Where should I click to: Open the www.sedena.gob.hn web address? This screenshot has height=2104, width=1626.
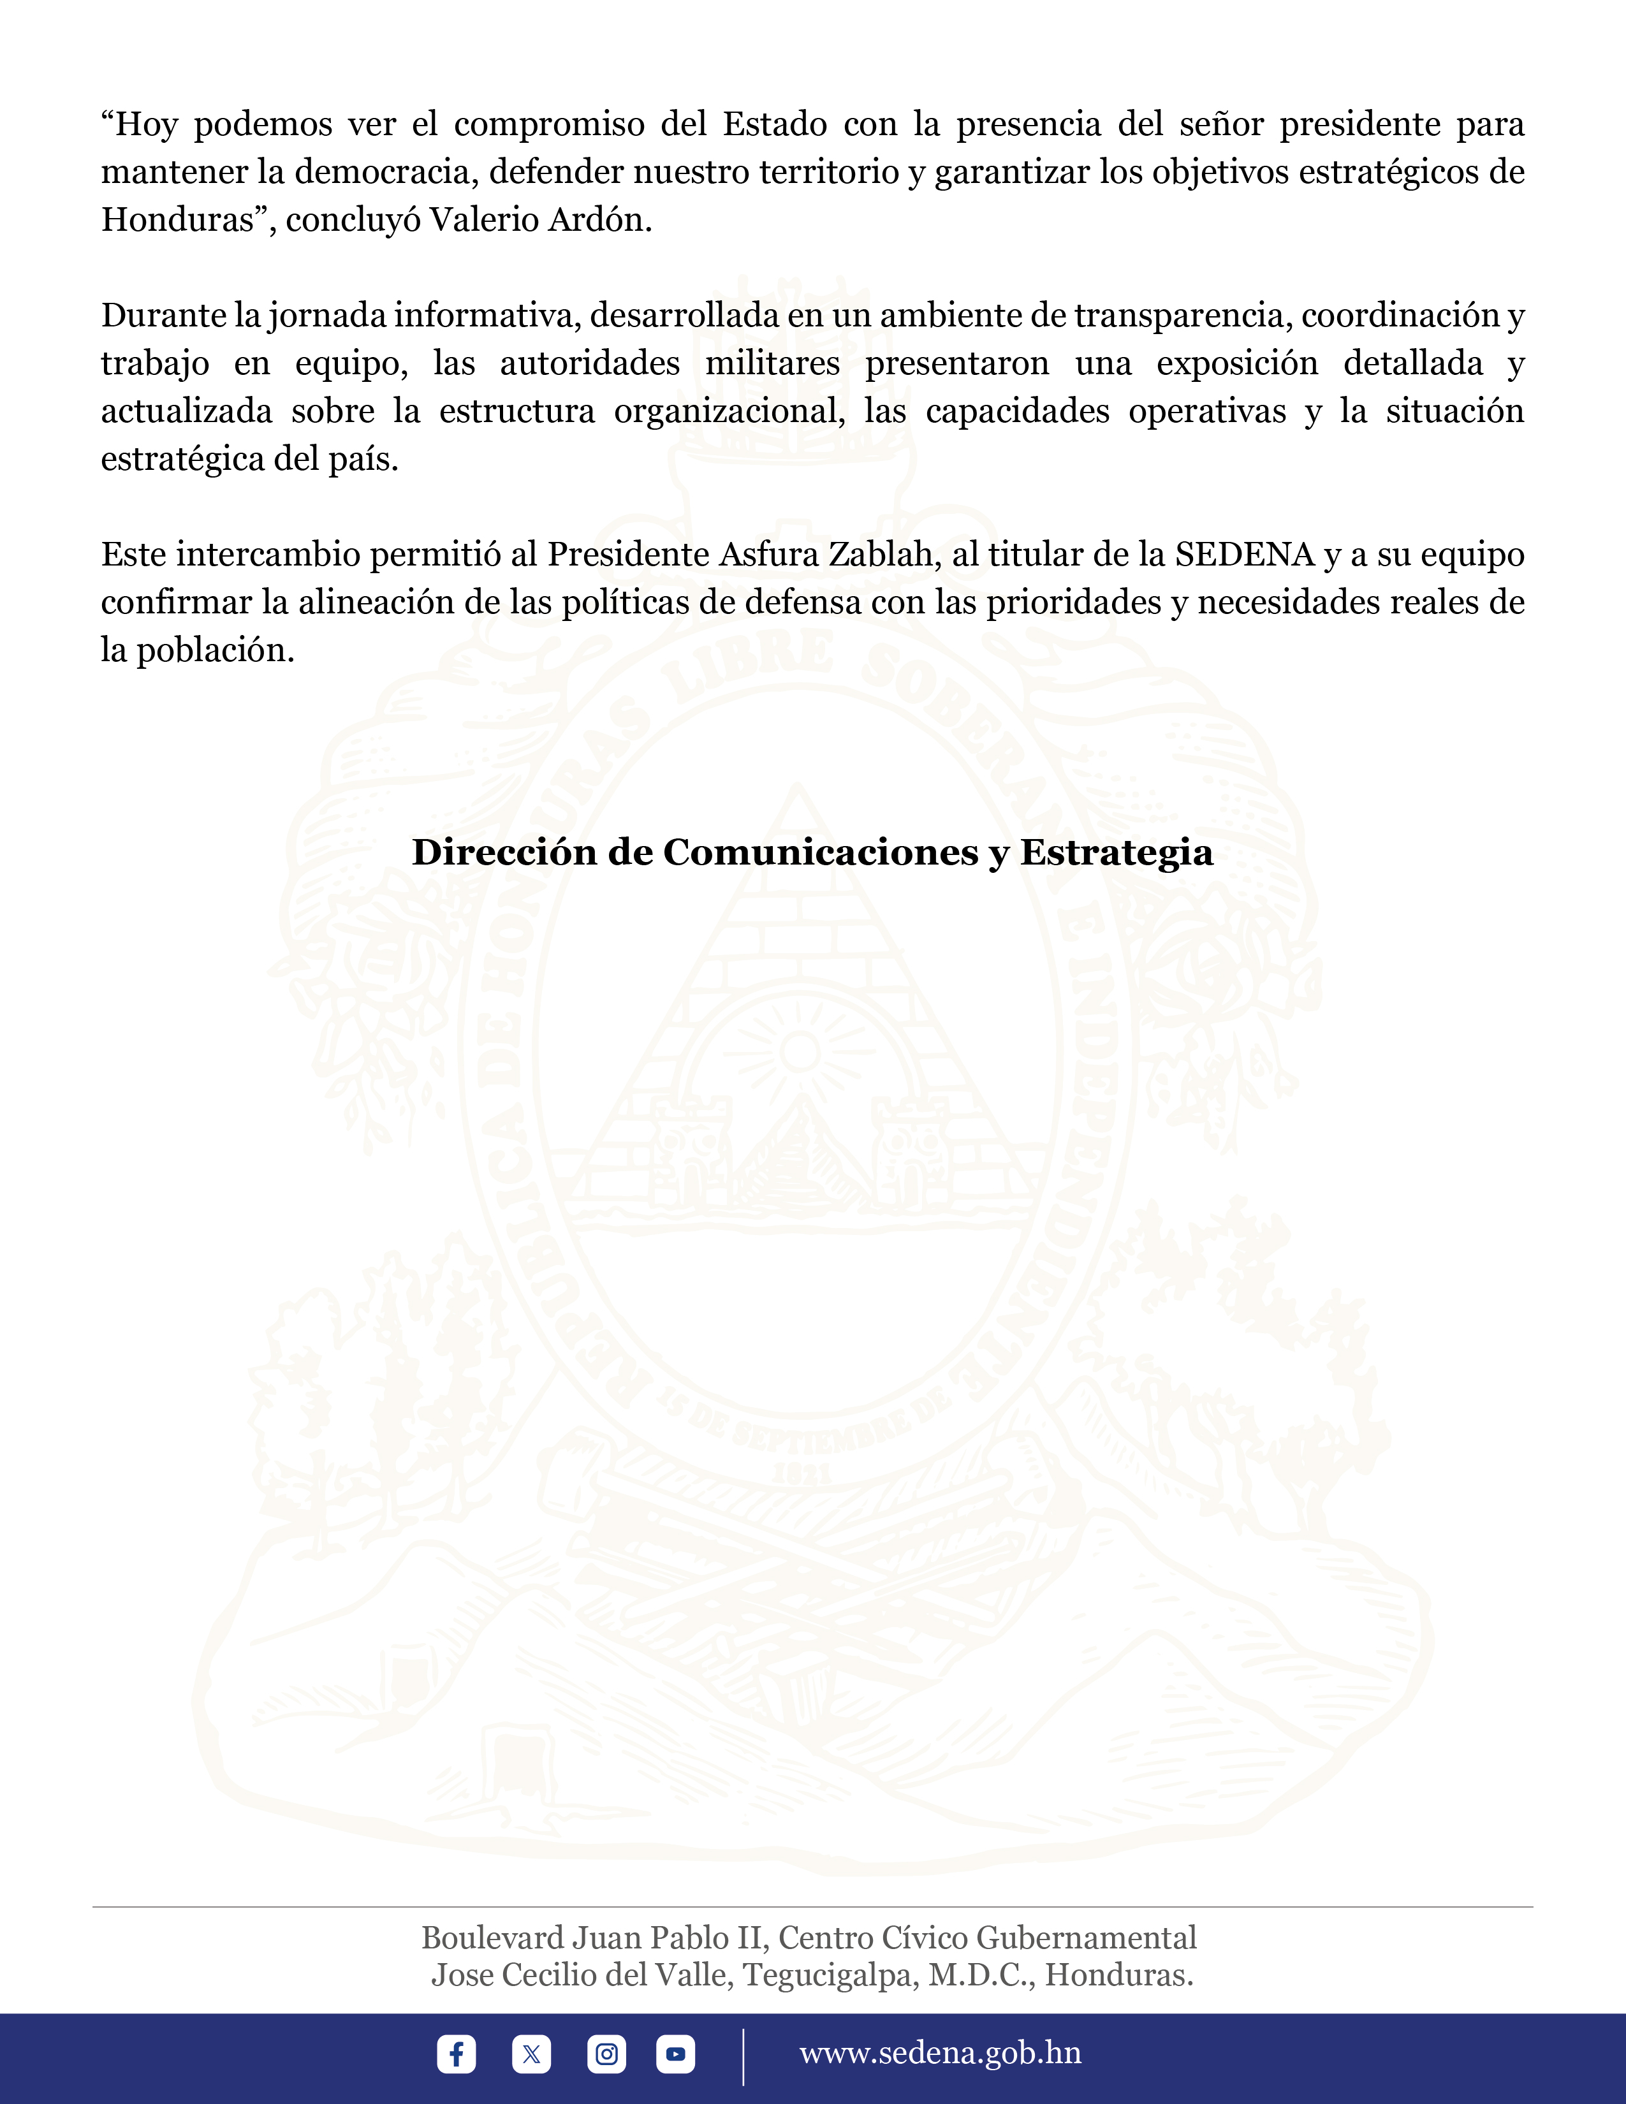click(x=940, y=2053)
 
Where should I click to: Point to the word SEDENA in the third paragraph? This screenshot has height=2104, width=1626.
click(x=1245, y=555)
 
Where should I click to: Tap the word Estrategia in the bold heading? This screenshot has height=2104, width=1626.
click(x=1117, y=852)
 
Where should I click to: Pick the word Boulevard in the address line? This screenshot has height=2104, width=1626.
click(x=492, y=1938)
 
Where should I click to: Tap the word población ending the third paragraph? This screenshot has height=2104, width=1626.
click(x=215, y=650)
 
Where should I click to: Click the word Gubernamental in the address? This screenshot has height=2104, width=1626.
click(x=1087, y=1938)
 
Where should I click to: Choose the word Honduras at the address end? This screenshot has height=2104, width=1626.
click(x=1118, y=1975)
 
